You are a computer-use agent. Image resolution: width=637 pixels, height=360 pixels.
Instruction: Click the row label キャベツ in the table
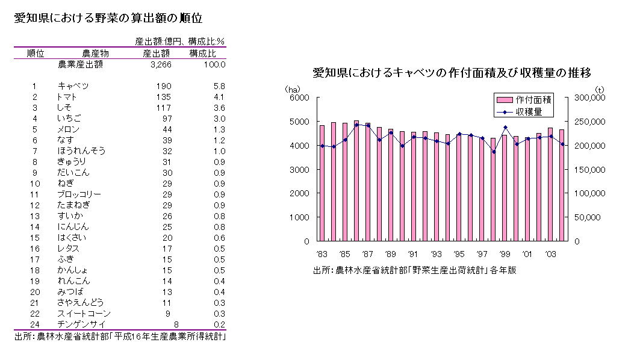click(x=73, y=86)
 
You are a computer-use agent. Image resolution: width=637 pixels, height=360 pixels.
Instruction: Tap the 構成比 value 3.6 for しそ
click(x=219, y=108)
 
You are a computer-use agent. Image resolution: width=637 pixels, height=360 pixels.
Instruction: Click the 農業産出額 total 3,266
click(x=161, y=64)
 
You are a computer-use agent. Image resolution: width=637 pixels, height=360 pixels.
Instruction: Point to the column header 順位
click(x=36, y=53)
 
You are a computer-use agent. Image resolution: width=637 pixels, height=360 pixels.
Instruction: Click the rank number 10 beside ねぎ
click(x=35, y=184)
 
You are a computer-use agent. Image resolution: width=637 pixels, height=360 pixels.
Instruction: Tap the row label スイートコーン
click(x=84, y=314)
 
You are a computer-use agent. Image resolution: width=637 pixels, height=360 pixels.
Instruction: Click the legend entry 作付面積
click(x=533, y=99)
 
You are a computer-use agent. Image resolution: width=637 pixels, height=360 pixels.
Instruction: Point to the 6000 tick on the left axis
click(x=299, y=98)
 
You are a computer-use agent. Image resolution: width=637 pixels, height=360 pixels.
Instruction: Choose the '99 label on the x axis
click(x=505, y=253)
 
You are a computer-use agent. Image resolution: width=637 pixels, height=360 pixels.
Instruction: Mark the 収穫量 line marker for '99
click(x=505, y=128)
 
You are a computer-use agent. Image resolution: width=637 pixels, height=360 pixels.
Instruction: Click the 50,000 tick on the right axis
click(x=587, y=217)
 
